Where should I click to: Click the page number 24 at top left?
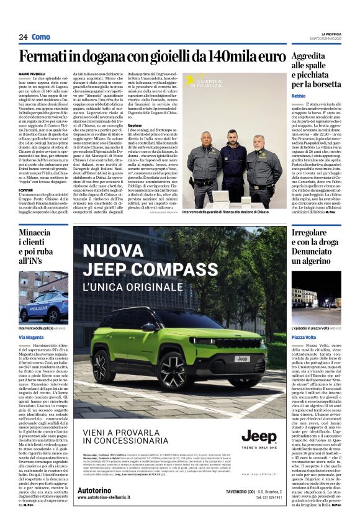click(24, 37)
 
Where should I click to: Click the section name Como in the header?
click(41, 37)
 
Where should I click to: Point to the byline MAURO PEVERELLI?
click(31, 73)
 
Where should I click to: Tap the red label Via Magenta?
click(32, 337)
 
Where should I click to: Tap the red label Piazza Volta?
click(305, 336)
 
